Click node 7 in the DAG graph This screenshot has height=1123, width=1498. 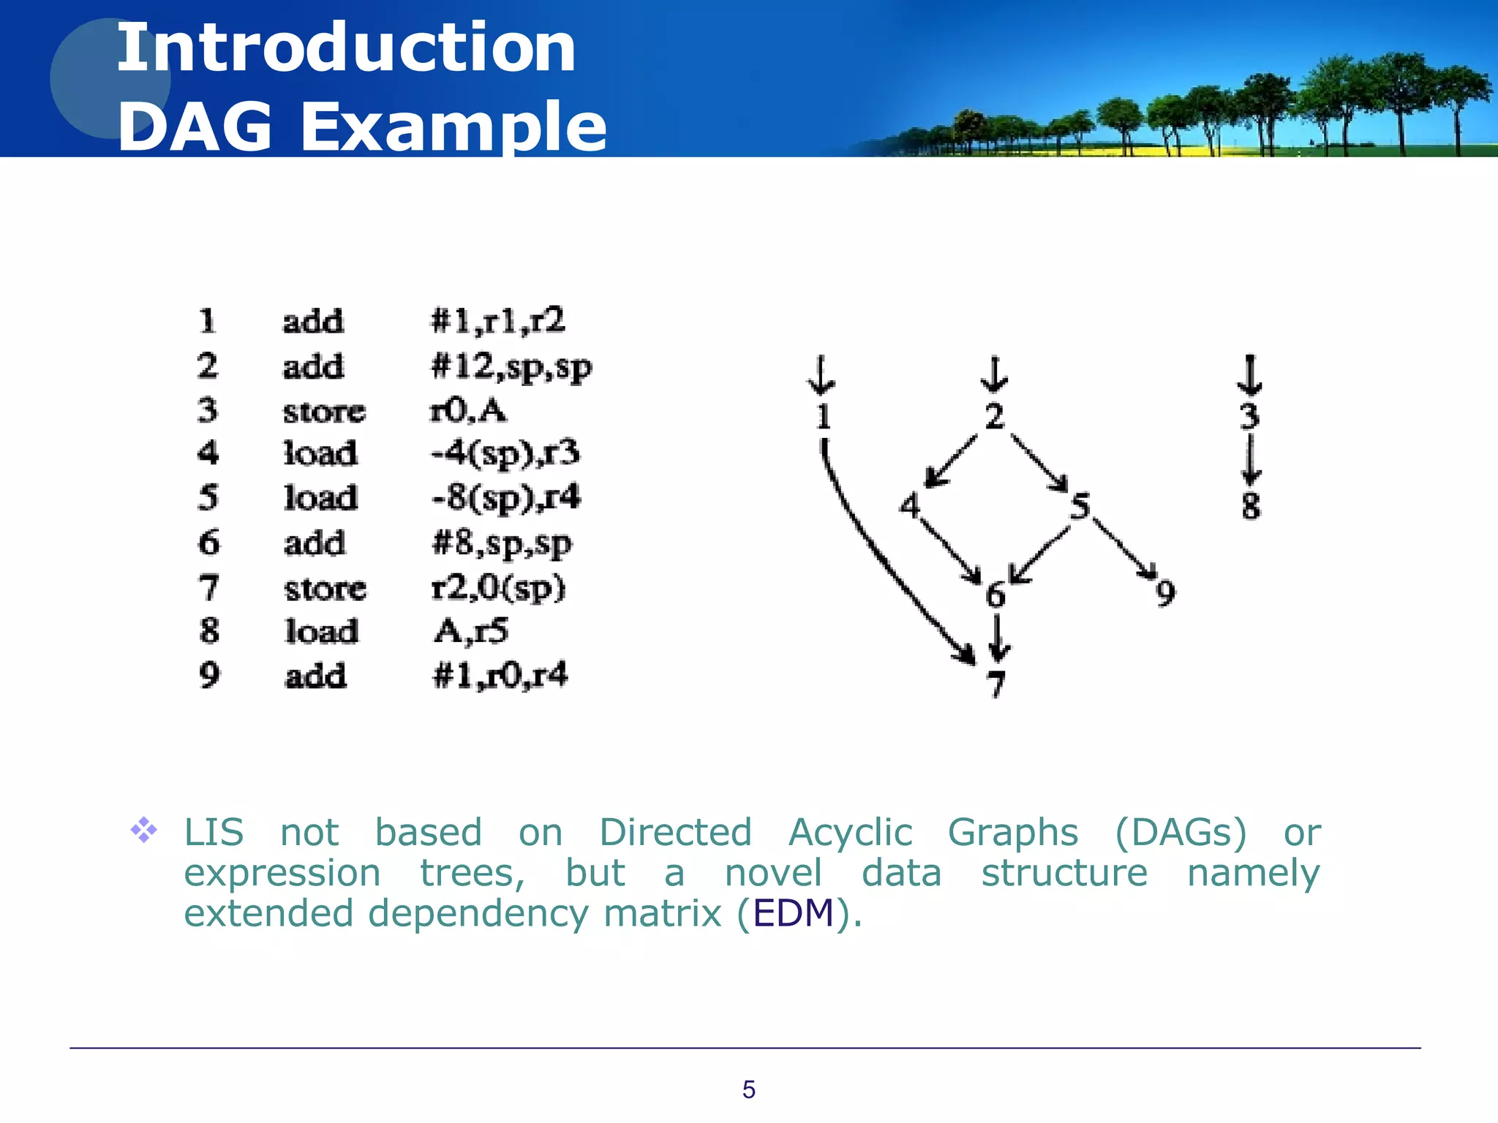[x=996, y=684]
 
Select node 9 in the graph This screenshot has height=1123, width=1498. [x=1165, y=592]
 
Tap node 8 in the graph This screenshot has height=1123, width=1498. [x=1251, y=505]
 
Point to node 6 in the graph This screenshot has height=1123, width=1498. [x=995, y=595]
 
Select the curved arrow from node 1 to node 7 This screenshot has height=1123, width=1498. [x=878, y=556]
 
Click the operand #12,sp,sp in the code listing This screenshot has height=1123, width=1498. [x=511, y=366]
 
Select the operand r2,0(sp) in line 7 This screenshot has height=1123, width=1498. [x=498, y=588]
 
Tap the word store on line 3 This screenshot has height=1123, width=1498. [x=324, y=412]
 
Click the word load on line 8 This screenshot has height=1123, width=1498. [x=322, y=632]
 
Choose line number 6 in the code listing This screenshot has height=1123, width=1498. [x=209, y=543]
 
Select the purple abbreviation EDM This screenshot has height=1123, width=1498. [x=794, y=913]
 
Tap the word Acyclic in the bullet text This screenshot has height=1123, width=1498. [x=850, y=833]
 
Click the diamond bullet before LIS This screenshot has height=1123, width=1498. [x=144, y=830]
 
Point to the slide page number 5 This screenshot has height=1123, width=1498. [x=748, y=1089]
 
